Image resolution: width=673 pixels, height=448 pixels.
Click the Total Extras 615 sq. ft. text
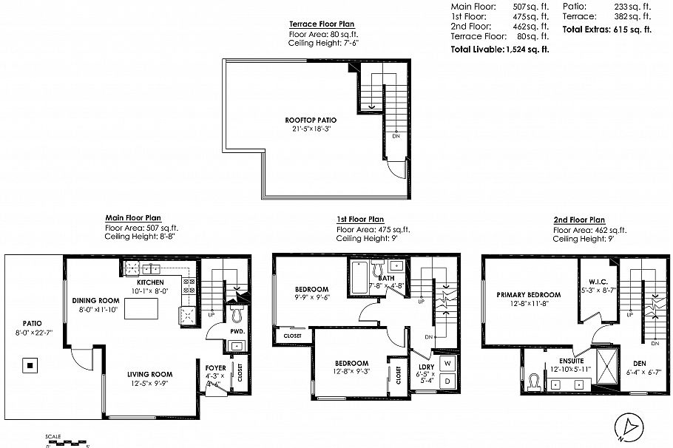pos(606,30)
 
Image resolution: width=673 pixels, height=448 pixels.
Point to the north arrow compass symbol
pos(629,427)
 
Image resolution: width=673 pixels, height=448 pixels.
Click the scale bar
pos(67,442)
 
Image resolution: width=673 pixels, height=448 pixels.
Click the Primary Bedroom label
pos(528,294)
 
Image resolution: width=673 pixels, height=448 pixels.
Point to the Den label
pos(640,363)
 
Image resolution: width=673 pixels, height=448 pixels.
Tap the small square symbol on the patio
pos(29,365)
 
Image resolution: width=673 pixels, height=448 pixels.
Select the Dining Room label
pos(95,300)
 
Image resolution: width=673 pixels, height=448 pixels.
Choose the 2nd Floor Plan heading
pos(579,220)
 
